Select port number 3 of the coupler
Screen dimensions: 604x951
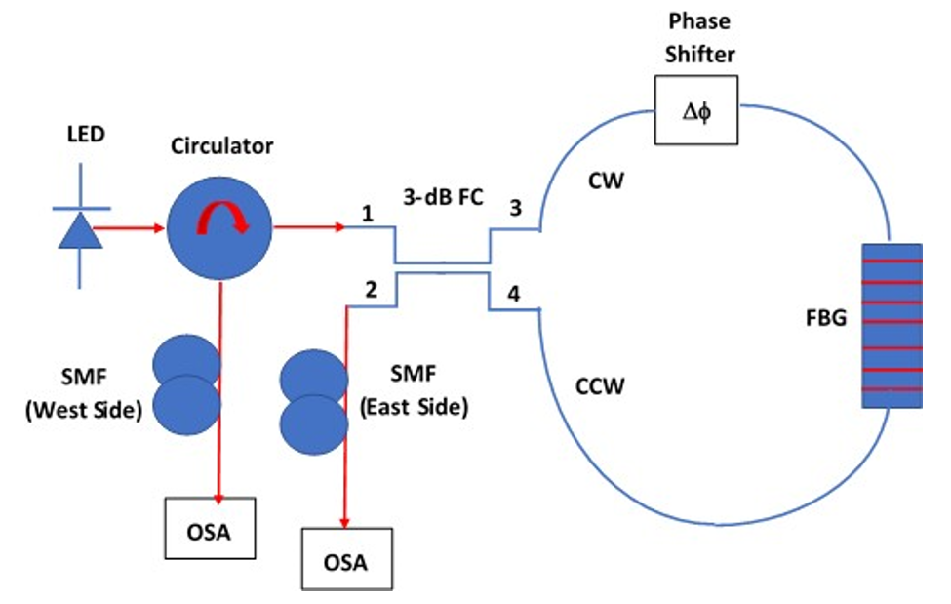pyautogui.click(x=516, y=208)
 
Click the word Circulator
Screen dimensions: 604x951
pyautogui.click(x=222, y=147)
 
